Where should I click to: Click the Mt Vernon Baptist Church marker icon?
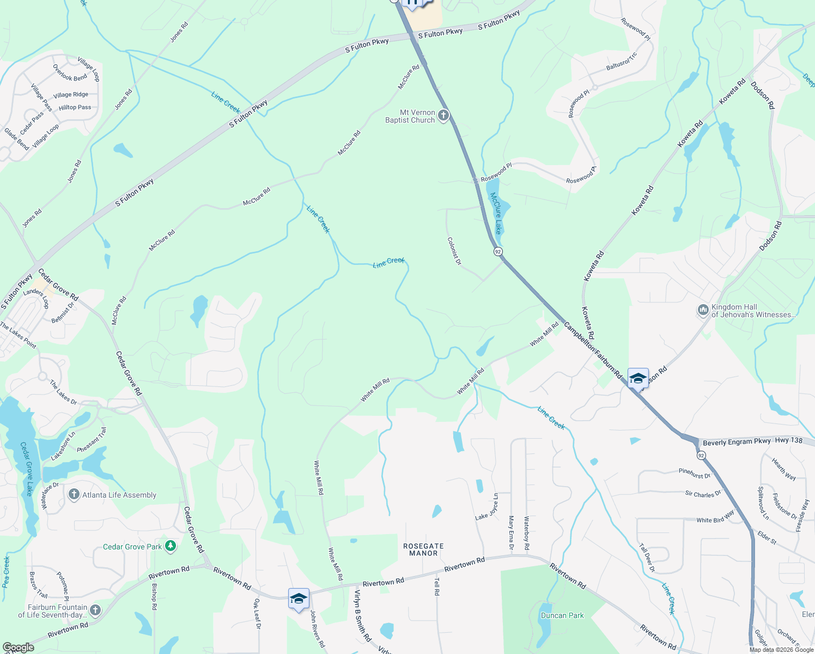(443, 115)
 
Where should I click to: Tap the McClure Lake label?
(495, 213)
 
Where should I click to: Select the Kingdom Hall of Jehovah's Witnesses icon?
(703, 310)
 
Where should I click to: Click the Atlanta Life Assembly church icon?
(74, 494)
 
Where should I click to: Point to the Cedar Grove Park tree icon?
(171, 546)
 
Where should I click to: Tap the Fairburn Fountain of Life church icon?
(95, 610)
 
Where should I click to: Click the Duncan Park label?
(562, 615)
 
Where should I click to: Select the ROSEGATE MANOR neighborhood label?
(423, 549)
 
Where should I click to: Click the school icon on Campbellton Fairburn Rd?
(637, 378)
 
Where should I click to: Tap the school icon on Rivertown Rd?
(299, 598)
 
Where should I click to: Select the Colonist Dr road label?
(454, 251)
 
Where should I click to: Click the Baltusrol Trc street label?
(622, 62)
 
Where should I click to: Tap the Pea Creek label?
(6, 572)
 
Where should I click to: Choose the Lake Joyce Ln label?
(486, 507)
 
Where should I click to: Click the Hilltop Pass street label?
(75, 107)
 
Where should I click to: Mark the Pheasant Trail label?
(92, 440)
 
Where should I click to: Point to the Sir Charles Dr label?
(703, 494)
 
